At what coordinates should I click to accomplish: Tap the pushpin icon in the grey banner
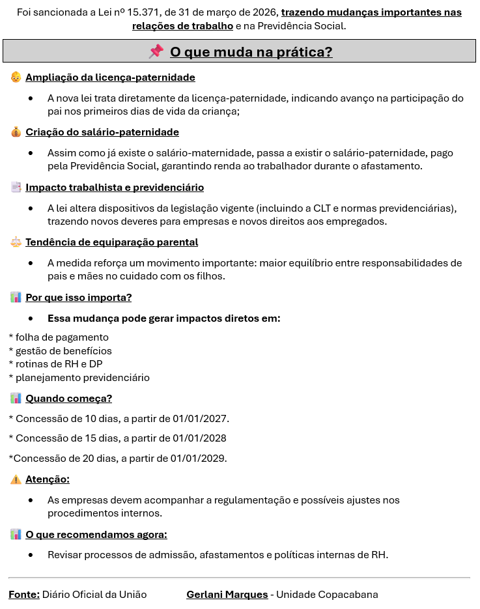click(x=156, y=51)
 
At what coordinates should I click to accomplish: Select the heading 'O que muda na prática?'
click(x=251, y=52)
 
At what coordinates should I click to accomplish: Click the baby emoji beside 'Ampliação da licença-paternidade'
click(x=16, y=78)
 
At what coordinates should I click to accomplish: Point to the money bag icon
click(x=16, y=132)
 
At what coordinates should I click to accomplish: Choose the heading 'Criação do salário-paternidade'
click(x=102, y=132)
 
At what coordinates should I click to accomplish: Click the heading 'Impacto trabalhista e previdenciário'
click(x=114, y=188)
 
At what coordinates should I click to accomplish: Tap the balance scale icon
click(x=16, y=242)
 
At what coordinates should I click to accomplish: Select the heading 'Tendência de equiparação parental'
click(x=111, y=242)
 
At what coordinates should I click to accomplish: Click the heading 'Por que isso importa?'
click(x=78, y=298)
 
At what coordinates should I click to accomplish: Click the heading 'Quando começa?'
click(x=68, y=399)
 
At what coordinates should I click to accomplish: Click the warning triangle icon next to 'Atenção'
click(x=16, y=480)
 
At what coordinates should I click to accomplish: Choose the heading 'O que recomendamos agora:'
click(x=96, y=535)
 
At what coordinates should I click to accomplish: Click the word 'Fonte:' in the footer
click(x=24, y=595)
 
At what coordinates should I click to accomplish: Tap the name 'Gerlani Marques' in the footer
click(x=227, y=595)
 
